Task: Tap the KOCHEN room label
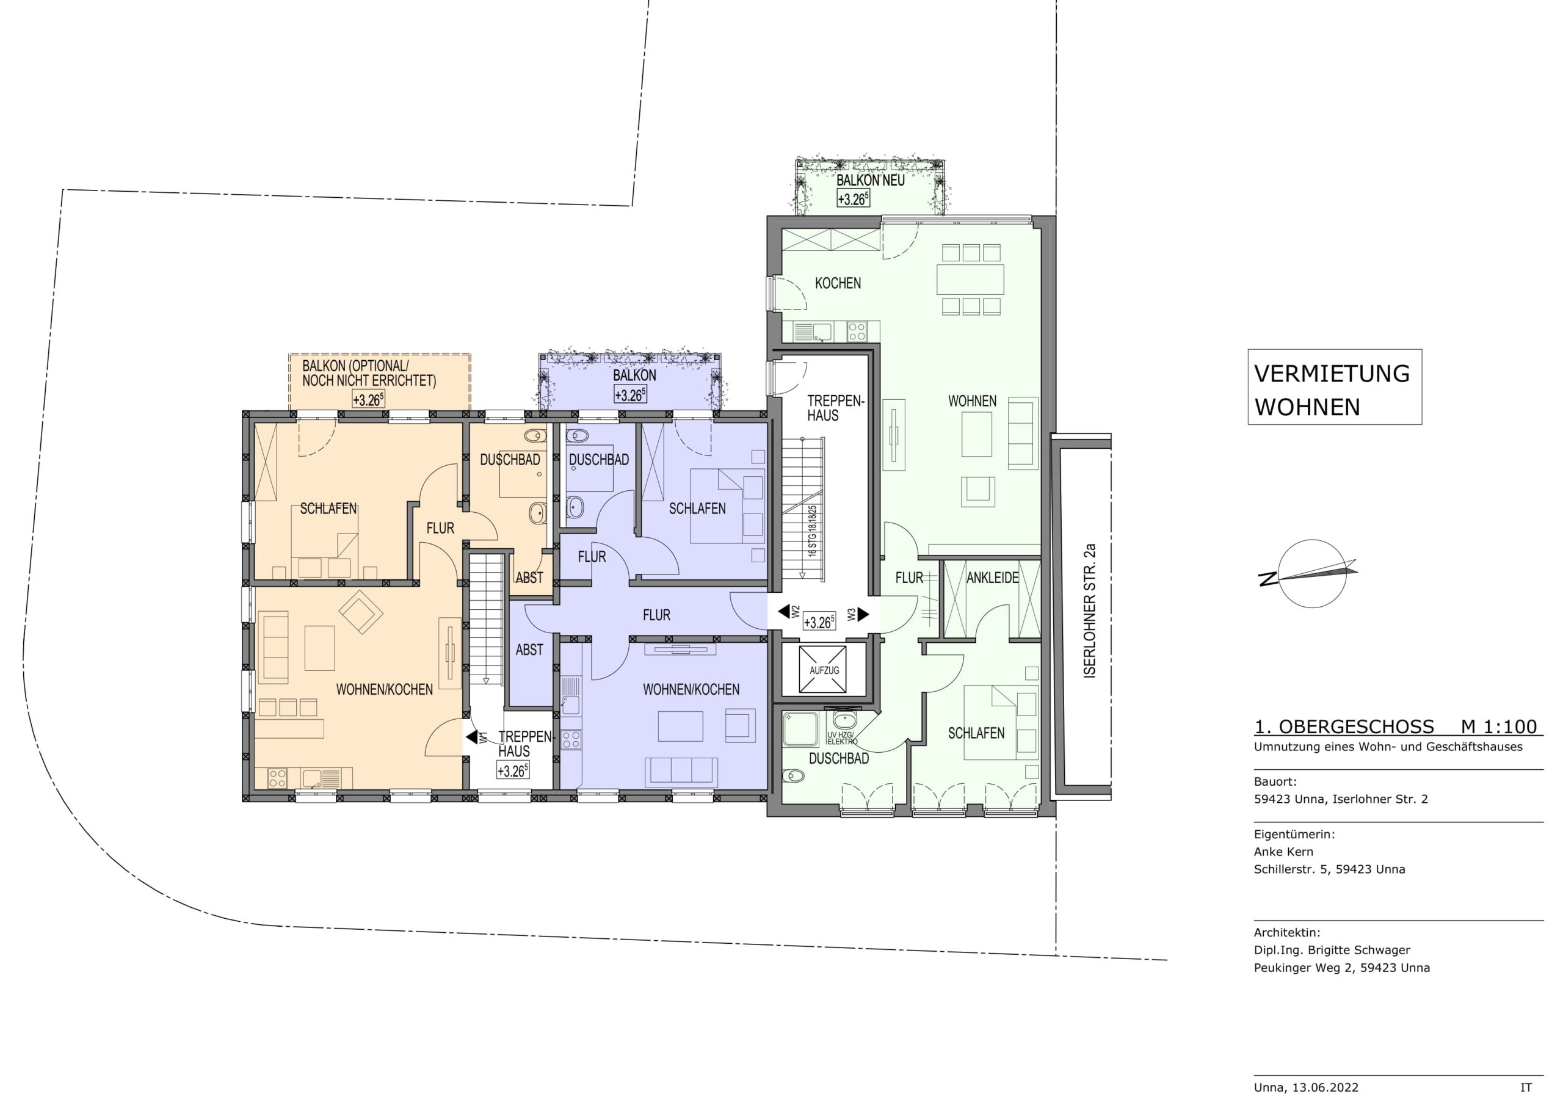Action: click(838, 283)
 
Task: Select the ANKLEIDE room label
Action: click(993, 578)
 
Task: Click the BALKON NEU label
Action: click(871, 181)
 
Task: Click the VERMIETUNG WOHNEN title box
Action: click(1334, 386)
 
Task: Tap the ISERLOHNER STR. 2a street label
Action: click(1090, 610)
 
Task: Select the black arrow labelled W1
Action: click(471, 737)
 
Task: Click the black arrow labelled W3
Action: click(863, 614)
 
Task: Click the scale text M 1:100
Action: click(1499, 726)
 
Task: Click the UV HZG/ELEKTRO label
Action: click(842, 738)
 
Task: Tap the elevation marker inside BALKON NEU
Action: click(853, 199)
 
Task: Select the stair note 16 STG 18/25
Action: click(812, 532)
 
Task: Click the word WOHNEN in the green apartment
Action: click(972, 401)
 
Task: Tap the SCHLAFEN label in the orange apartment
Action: click(328, 509)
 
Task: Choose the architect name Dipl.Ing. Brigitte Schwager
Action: click(1332, 950)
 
